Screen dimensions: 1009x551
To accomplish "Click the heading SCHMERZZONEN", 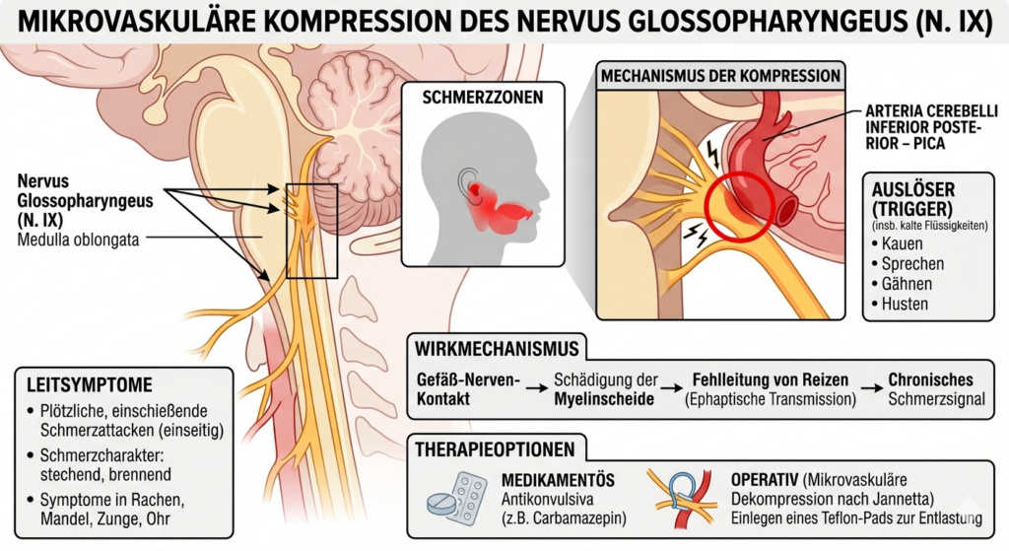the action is tap(483, 98).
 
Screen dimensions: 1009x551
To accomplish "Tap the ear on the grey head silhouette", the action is tap(469, 186).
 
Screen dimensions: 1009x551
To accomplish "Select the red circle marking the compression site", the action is tap(738, 206).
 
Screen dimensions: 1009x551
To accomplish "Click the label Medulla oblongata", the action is tap(78, 241).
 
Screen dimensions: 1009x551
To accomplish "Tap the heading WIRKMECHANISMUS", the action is tap(497, 350).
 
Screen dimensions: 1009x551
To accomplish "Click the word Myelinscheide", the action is tap(604, 399).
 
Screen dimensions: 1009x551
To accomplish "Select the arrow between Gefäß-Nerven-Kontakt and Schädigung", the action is tap(537, 388).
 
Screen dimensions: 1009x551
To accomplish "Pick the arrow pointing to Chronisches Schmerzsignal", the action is tap(872, 388).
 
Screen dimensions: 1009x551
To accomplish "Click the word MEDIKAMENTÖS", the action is tap(558, 481).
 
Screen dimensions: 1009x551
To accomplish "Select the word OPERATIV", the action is tap(765, 480).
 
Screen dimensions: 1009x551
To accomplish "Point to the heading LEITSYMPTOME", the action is tap(90, 385).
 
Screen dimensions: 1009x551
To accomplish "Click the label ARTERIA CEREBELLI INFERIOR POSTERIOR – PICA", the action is tap(931, 127).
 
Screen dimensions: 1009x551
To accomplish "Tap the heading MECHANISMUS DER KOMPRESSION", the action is tap(720, 77).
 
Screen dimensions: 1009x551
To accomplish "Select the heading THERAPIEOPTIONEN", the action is tap(495, 449).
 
